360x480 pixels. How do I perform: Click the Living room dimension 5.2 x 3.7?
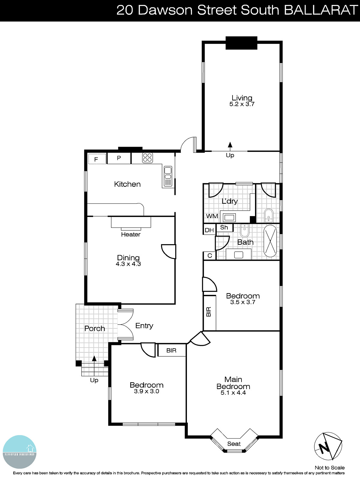tap(242, 104)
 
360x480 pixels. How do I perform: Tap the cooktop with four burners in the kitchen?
tap(147, 158)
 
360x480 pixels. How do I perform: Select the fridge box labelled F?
tap(97, 159)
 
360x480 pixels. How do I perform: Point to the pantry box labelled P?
tap(119, 158)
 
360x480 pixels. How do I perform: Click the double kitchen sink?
tap(168, 176)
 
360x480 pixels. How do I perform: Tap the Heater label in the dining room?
tap(130, 235)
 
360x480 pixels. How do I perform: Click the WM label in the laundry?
tap(212, 216)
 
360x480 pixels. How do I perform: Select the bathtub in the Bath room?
tap(270, 241)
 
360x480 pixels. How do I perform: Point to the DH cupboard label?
tap(209, 230)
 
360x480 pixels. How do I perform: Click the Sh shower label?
tap(224, 227)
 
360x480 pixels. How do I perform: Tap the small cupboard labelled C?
tap(210, 256)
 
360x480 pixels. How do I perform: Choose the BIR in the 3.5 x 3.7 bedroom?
tap(209, 312)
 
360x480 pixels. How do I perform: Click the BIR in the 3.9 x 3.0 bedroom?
tap(171, 350)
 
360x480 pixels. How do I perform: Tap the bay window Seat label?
tap(234, 444)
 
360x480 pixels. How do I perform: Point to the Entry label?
tap(144, 326)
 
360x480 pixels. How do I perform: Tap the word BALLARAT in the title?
tap(321, 10)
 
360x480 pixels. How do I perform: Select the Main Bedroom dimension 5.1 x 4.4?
tap(233, 393)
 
